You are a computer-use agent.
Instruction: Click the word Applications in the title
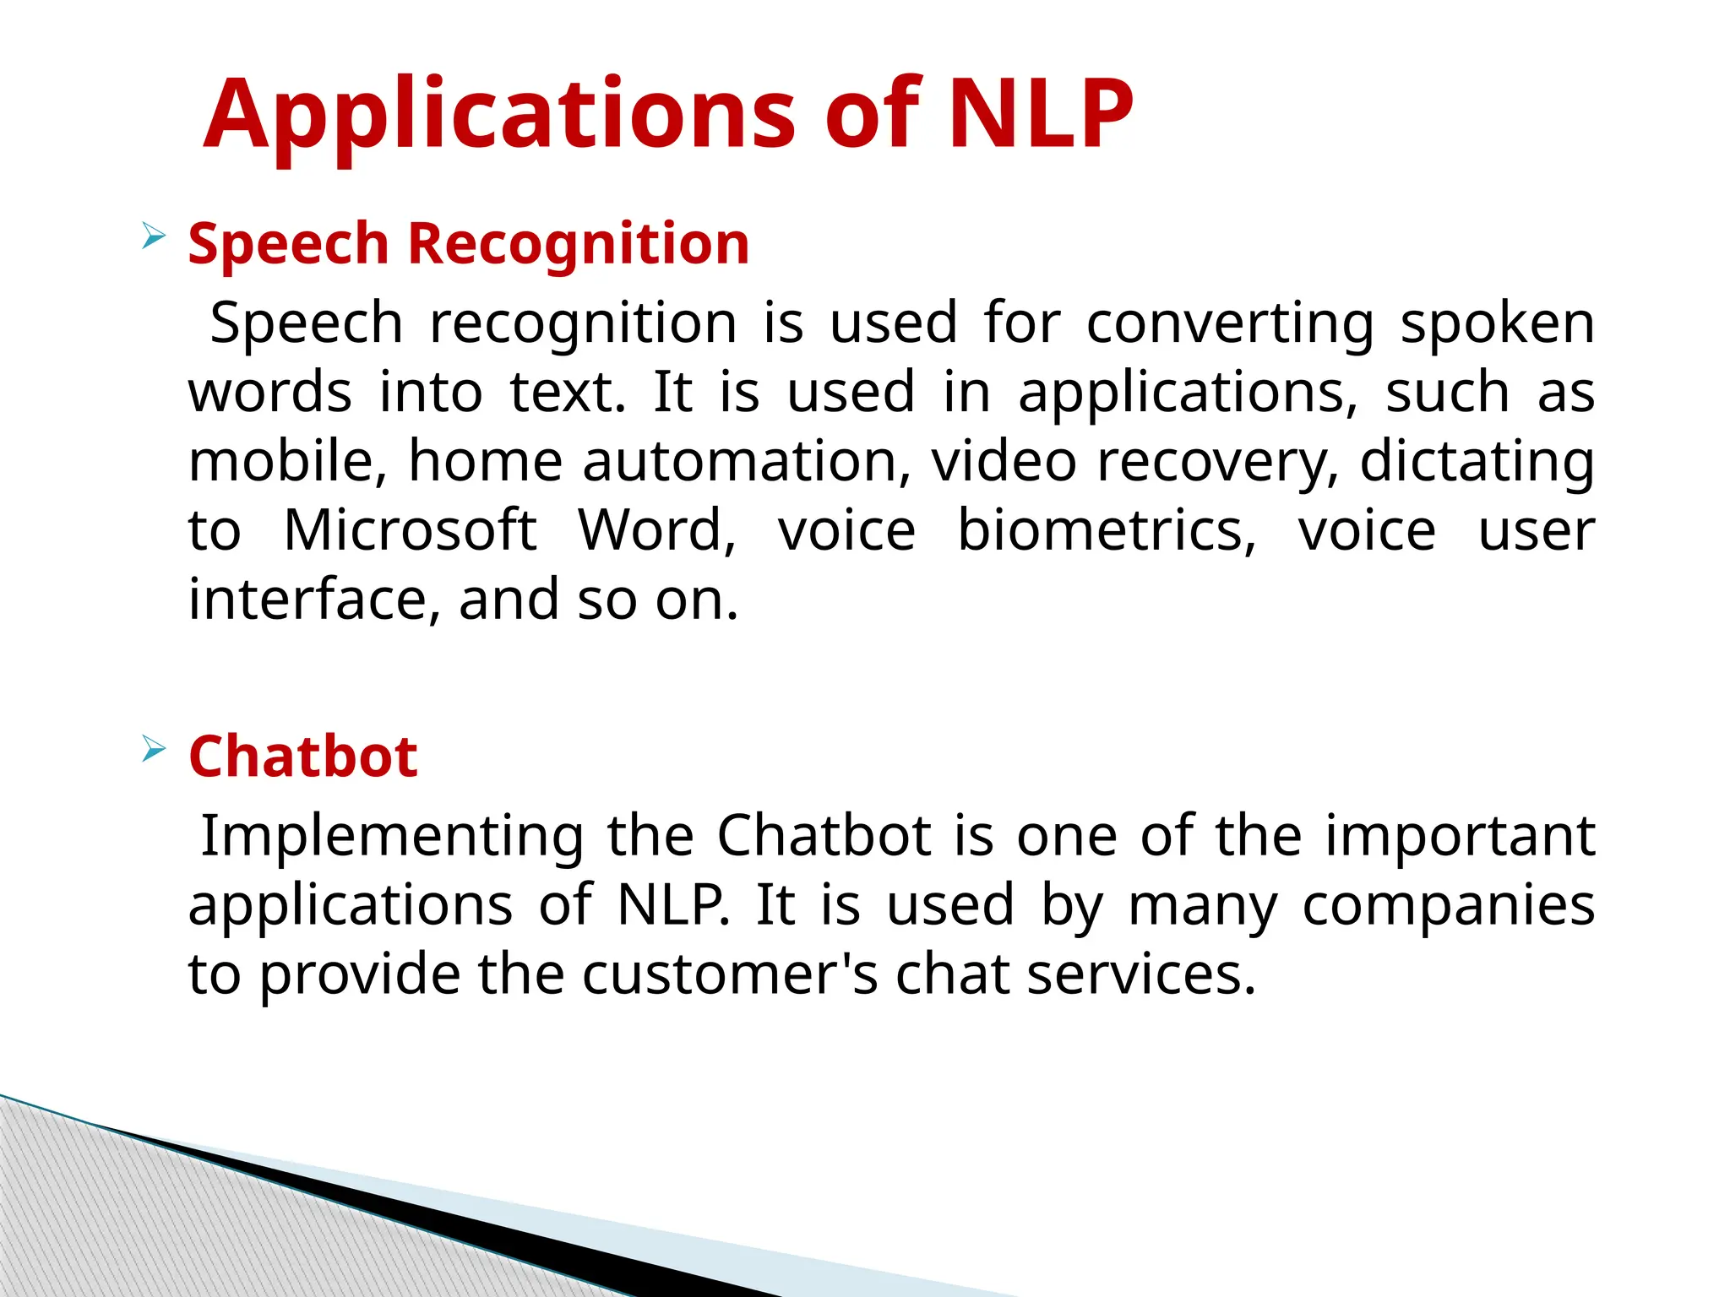(x=499, y=115)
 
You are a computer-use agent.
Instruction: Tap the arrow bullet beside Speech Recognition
(x=153, y=236)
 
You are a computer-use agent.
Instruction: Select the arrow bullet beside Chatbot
(x=153, y=748)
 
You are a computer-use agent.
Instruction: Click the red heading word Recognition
(x=579, y=245)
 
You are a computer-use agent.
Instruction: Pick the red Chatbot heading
(x=302, y=756)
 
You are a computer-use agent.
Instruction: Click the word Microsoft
(x=410, y=530)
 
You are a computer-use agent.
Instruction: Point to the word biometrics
(x=1107, y=530)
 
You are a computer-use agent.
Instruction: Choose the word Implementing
(x=392, y=836)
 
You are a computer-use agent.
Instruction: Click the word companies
(x=1448, y=906)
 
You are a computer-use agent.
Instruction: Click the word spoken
(x=1497, y=324)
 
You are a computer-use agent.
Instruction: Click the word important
(x=1460, y=836)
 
